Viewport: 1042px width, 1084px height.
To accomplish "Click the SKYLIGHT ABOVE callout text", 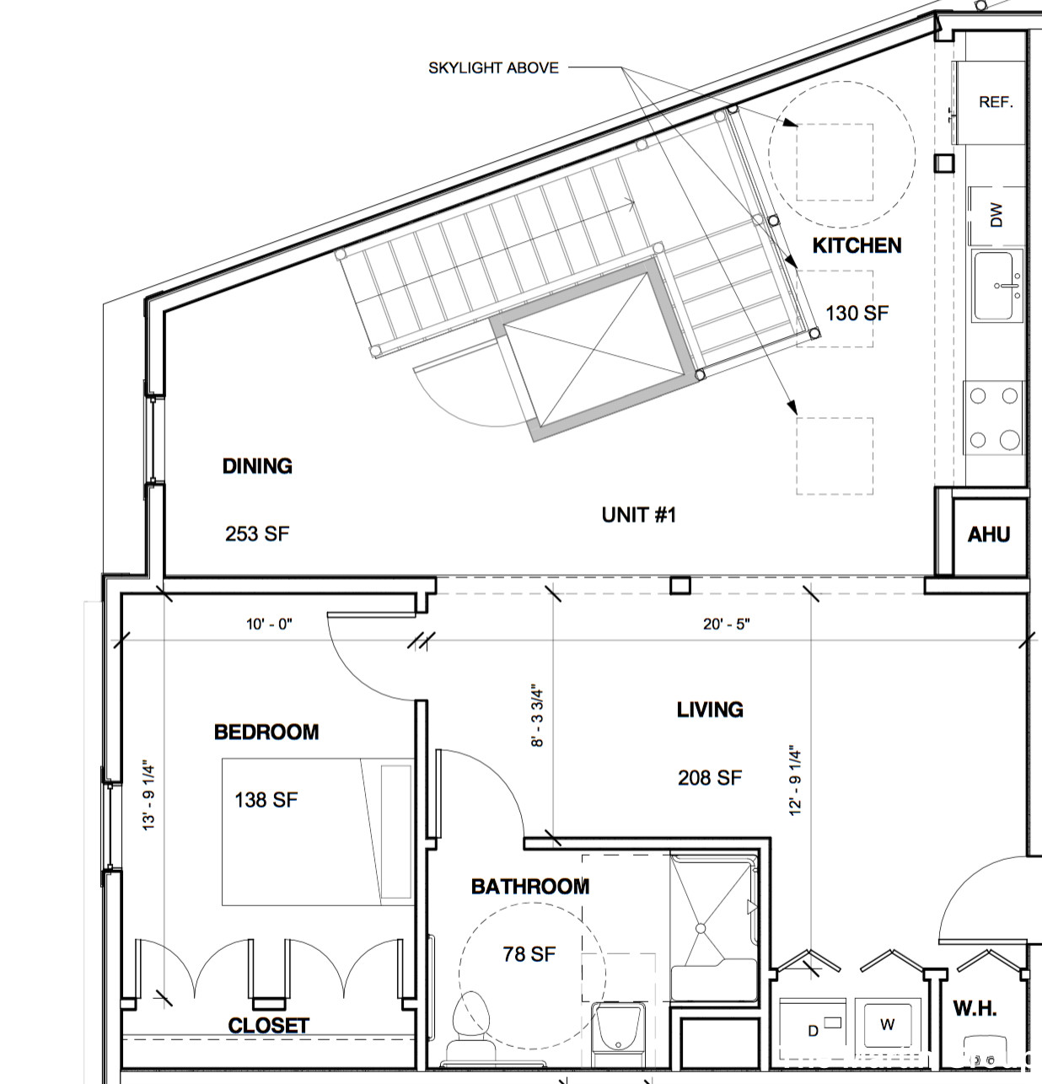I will [493, 68].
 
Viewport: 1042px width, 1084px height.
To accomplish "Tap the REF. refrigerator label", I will [995, 102].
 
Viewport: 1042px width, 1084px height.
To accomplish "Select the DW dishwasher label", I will [996, 214].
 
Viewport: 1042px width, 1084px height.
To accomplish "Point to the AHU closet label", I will [988, 534].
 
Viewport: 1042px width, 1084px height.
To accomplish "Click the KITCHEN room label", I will [857, 245].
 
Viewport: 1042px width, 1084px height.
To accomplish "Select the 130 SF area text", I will [857, 314].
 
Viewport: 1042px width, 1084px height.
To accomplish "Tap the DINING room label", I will [257, 466].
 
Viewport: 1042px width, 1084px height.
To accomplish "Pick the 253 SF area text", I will [257, 534].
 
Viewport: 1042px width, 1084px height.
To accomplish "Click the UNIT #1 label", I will [638, 515].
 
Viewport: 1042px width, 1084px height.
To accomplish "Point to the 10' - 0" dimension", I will [269, 625].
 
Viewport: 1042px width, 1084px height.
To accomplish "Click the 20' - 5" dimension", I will [726, 625].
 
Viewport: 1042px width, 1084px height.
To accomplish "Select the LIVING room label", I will [710, 710].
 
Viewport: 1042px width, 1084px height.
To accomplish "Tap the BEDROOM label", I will [266, 732].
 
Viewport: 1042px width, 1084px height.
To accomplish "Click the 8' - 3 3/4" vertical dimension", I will [538, 716].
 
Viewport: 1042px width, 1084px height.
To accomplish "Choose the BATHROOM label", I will [529, 887].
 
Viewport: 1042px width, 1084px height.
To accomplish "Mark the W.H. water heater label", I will [975, 1008].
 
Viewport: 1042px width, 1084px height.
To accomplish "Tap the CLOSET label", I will [268, 1026].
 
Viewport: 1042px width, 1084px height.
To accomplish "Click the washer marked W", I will [887, 1025].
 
